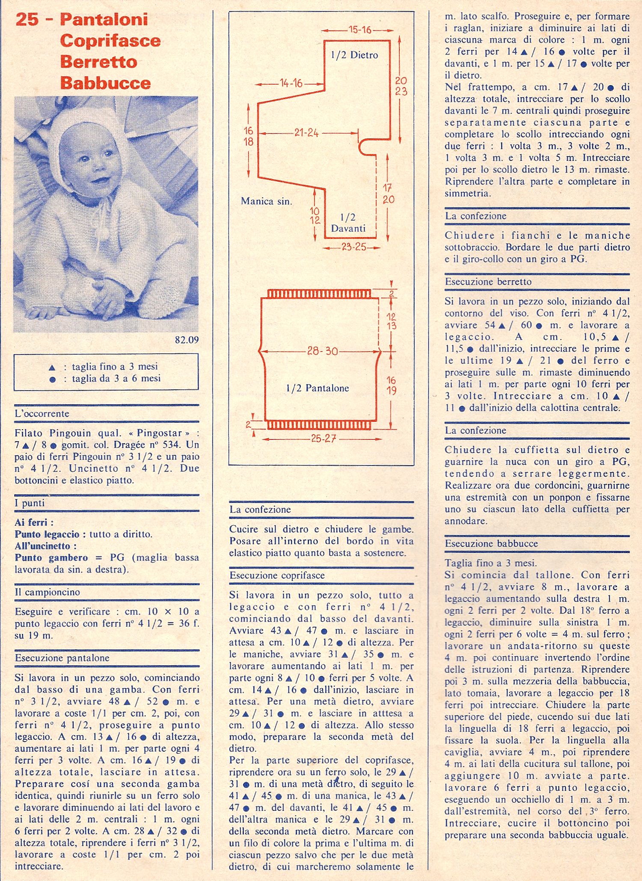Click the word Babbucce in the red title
[x=105, y=83]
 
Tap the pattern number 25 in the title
[x=27, y=20]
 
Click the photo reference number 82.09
[x=187, y=340]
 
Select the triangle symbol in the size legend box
[x=52, y=368]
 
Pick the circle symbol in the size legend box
[x=52, y=380]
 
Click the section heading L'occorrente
[x=42, y=414]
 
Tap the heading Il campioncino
[x=48, y=592]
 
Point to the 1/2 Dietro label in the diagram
[x=354, y=55]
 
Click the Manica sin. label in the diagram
[x=266, y=201]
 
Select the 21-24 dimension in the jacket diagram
[x=306, y=133]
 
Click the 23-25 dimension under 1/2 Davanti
[x=354, y=247]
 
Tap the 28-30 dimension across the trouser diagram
[x=322, y=351]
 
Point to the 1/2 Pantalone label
[x=318, y=388]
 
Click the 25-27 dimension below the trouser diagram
[x=323, y=439]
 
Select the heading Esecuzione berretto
[x=488, y=282]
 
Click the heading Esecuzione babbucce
[x=491, y=544]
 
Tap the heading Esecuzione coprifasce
[x=277, y=575]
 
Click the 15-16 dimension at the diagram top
[x=360, y=30]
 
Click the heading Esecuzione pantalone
[x=62, y=658]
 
